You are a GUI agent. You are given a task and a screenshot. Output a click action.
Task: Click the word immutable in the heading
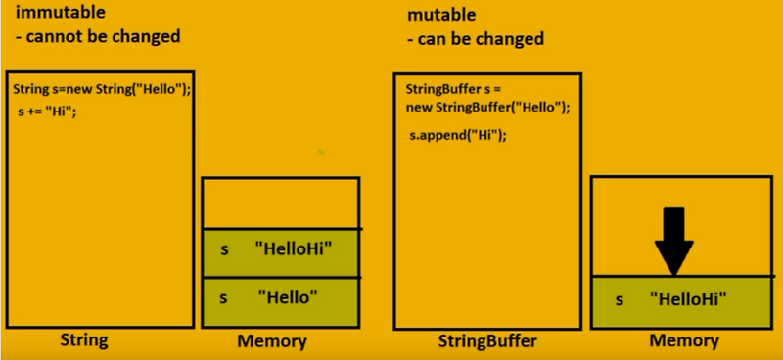pyautogui.click(x=60, y=13)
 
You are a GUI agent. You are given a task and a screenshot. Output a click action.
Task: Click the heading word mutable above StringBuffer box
pyautogui.click(x=441, y=15)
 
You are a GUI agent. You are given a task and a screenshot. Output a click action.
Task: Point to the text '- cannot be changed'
pyautogui.click(x=98, y=36)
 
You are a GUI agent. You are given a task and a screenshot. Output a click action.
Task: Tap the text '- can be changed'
pyautogui.click(x=476, y=39)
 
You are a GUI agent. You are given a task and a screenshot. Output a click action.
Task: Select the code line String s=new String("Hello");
pyautogui.click(x=102, y=90)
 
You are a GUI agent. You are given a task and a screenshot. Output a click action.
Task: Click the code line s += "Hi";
pyautogui.click(x=47, y=112)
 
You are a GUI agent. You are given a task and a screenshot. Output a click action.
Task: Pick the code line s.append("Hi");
pyautogui.click(x=458, y=135)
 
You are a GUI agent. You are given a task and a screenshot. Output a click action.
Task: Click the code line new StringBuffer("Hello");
pyautogui.click(x=487, y=108)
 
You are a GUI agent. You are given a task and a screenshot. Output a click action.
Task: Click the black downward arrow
pyautogui.click(x=674, y=242)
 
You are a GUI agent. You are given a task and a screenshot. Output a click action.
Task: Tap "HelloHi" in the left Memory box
pyautogui.click(x=293, y=248)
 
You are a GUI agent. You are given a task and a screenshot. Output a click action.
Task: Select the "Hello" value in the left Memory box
pyautogui.click(x=288, y=297)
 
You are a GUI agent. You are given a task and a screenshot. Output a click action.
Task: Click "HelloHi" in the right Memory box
pyautogui.click(x=688, y=299)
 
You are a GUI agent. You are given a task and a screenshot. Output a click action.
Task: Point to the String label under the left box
pyautogui.click(x=84, y=340)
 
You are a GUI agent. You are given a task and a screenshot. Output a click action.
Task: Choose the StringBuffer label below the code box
pyautogui.click(x=487, y=341)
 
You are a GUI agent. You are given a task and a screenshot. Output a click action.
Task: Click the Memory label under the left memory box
pyautogui.click(x=272, y=341)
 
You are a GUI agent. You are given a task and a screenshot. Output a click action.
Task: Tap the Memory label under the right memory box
pyautogui.click(x=684, y=341)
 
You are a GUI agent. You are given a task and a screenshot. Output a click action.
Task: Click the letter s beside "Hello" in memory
pyautogui.click(x=223, y=298)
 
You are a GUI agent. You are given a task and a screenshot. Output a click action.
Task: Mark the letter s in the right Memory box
pyautogui.click(x=620, y=300)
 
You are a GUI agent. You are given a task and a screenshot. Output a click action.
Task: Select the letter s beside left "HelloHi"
pyautogui.click(x=225, y=249)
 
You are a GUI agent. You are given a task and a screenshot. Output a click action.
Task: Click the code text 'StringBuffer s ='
pyautogui.click(x=453, y=90)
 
